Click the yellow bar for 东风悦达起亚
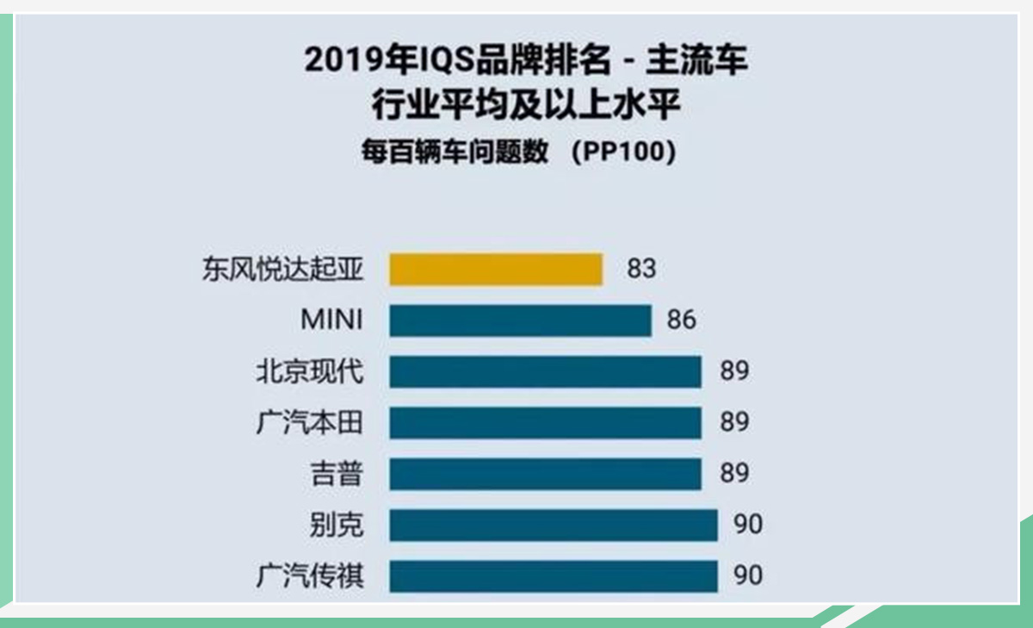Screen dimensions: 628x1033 click(495, 269)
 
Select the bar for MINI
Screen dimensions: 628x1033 click(520, 320)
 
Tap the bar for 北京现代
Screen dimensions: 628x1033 click(545, 372)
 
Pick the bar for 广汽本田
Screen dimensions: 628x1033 click(545, 423)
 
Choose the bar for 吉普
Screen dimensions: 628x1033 click(545, 474)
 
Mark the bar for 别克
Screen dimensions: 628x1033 click(553, 525)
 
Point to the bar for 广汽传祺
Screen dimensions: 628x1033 click(553, 575)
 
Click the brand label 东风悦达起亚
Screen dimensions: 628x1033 click(283, 270)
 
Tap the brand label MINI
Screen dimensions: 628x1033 click(331, 320)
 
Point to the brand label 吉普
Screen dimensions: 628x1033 click(337, 474)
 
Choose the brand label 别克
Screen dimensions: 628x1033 click(337, 525)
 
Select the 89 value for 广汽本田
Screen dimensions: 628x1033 click(735, 423)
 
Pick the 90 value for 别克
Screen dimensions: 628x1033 click(749, 525)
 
